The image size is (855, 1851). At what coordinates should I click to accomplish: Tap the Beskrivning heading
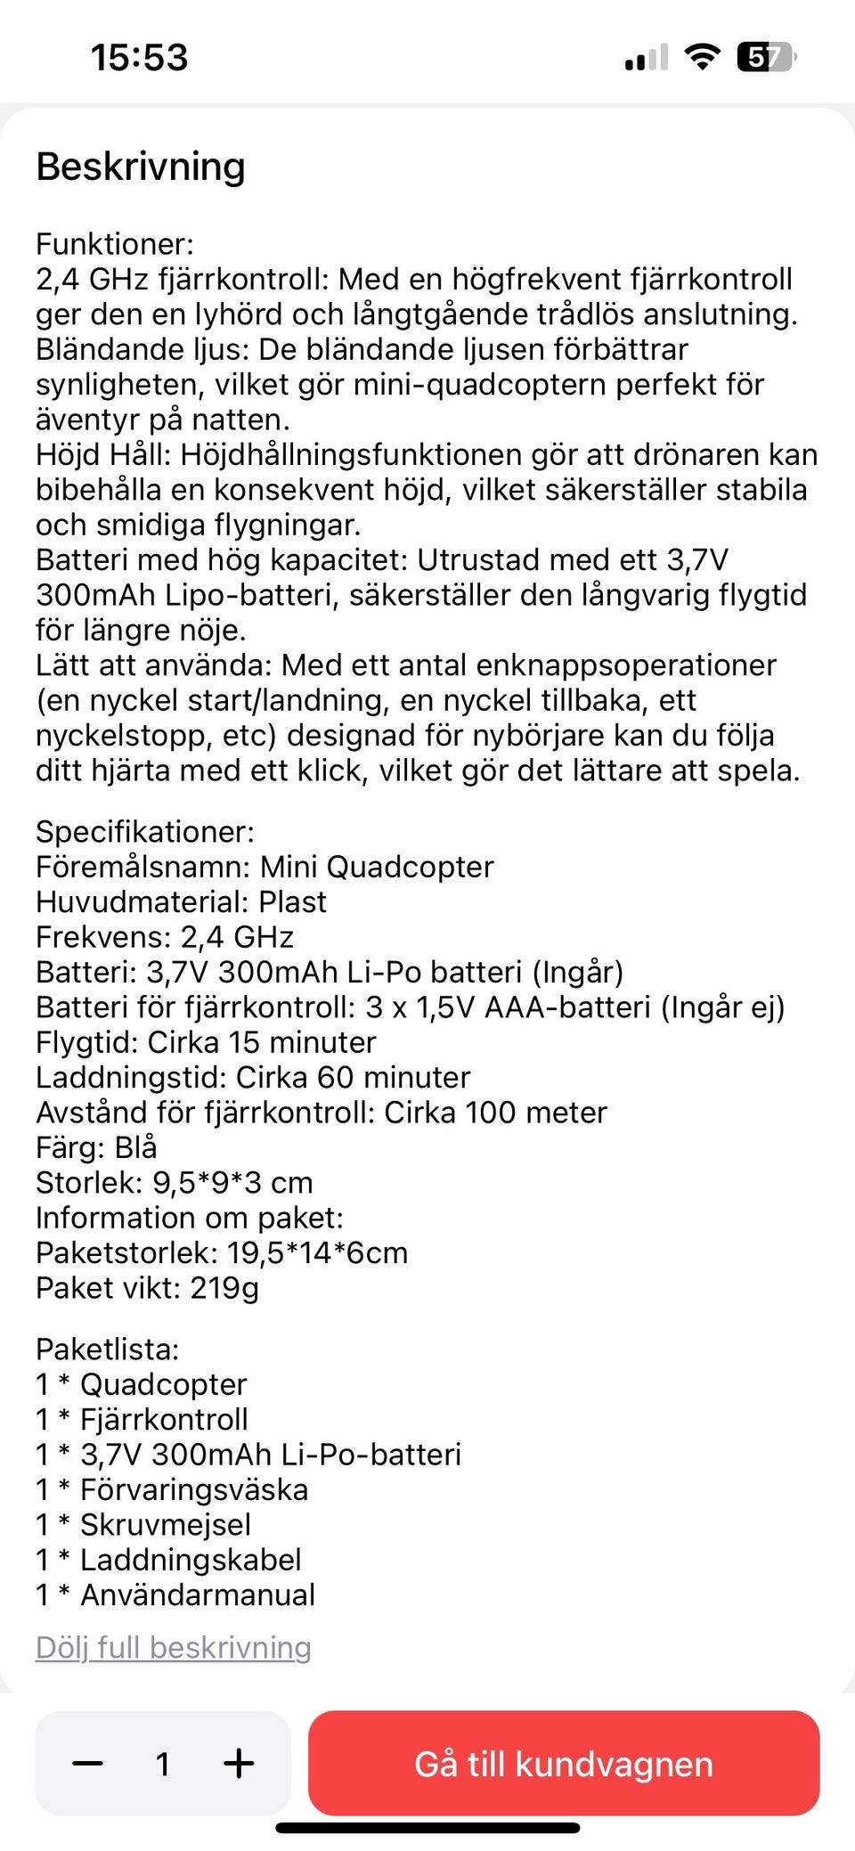141,167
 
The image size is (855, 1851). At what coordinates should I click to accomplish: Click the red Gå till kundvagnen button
564,1763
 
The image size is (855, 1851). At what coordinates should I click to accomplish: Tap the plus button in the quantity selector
239,1763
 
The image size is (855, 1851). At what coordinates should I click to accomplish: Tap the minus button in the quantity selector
87,1763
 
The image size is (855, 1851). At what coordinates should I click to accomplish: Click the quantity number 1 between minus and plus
163,1764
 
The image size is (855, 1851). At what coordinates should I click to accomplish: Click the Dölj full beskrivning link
174,1647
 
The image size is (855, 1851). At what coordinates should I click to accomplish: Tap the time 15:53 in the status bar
140,58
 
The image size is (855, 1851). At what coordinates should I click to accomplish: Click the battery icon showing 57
764,58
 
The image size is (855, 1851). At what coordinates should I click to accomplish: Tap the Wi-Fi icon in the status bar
702,58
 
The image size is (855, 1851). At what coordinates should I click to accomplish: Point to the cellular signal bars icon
646,58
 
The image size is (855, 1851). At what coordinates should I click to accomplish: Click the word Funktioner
114,244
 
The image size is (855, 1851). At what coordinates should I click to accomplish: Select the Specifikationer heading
145,832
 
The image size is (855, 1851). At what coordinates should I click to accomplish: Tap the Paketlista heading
108,1349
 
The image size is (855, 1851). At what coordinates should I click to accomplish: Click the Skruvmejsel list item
165,1524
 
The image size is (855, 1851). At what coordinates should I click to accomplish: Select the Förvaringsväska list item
193,1489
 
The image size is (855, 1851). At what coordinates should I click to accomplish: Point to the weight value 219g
224,1288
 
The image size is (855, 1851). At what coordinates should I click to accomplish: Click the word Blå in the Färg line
135,1147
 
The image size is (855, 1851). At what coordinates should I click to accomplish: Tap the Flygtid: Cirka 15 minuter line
206,1042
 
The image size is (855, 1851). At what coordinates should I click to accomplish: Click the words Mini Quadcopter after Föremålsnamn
377,867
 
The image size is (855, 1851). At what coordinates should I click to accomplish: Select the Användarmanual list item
197,1594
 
